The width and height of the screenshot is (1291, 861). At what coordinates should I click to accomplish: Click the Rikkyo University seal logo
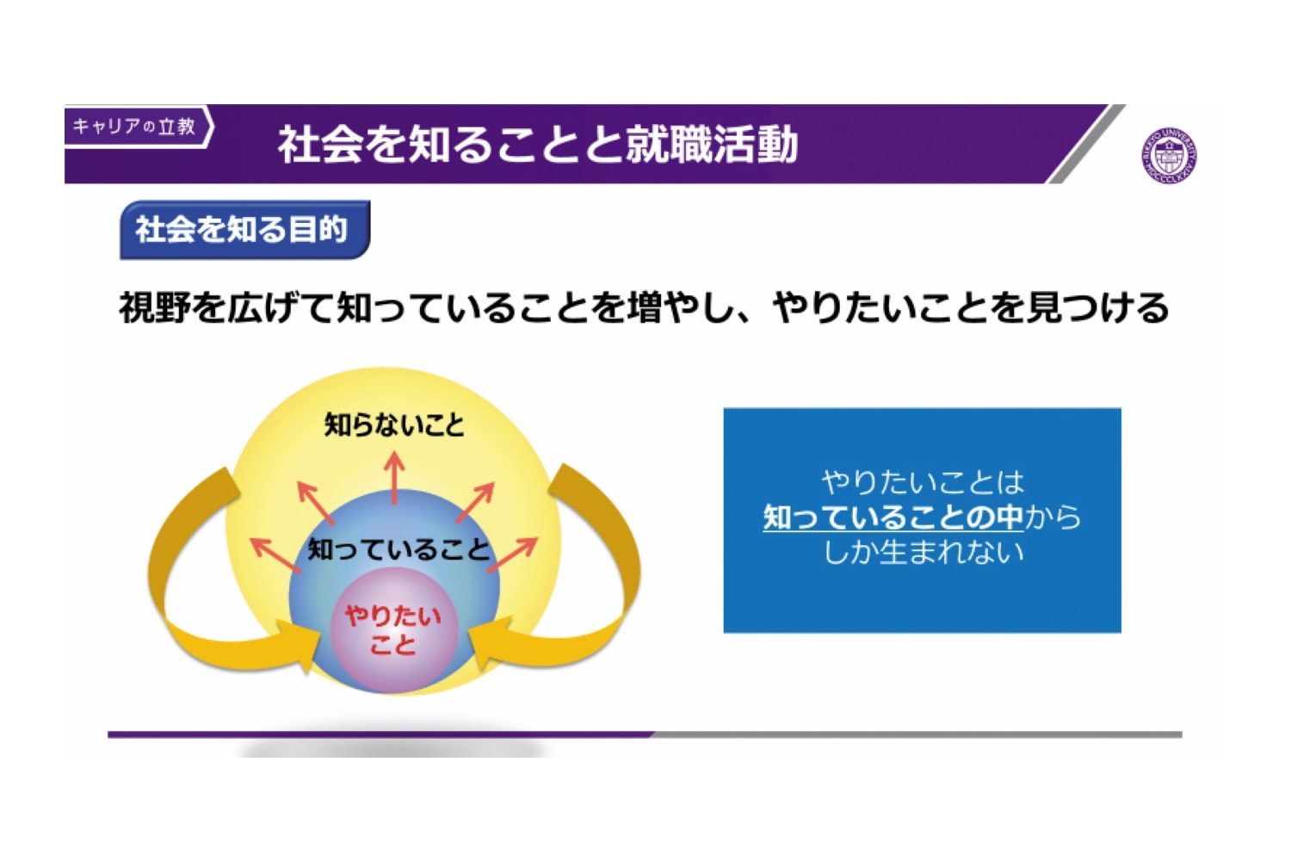[1170, 156]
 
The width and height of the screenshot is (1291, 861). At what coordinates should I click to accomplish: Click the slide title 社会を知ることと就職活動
[538, 144]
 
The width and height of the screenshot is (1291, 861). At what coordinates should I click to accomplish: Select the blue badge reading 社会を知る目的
[245, 230]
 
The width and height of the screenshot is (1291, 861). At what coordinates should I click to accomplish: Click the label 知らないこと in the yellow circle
[394, 425]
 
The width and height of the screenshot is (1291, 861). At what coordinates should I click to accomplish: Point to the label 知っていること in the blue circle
[398, 548]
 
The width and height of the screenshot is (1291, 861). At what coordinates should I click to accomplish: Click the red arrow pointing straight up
[394, 478]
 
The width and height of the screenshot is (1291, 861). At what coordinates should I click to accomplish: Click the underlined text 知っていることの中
[893, 517]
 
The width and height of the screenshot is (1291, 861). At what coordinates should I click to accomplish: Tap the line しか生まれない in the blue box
[923, 552]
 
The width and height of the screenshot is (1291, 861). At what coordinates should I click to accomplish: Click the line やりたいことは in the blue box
[923, 482]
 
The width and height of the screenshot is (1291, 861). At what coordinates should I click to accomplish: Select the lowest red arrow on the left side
[276, 554]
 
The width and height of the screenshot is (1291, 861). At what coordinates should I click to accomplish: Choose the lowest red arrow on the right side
[512, 554]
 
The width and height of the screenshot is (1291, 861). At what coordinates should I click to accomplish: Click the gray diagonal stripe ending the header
[1086, 144]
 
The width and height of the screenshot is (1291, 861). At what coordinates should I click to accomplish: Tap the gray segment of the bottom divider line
[917, 734]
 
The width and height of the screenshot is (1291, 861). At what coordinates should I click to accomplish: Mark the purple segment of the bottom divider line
[380, 734]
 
